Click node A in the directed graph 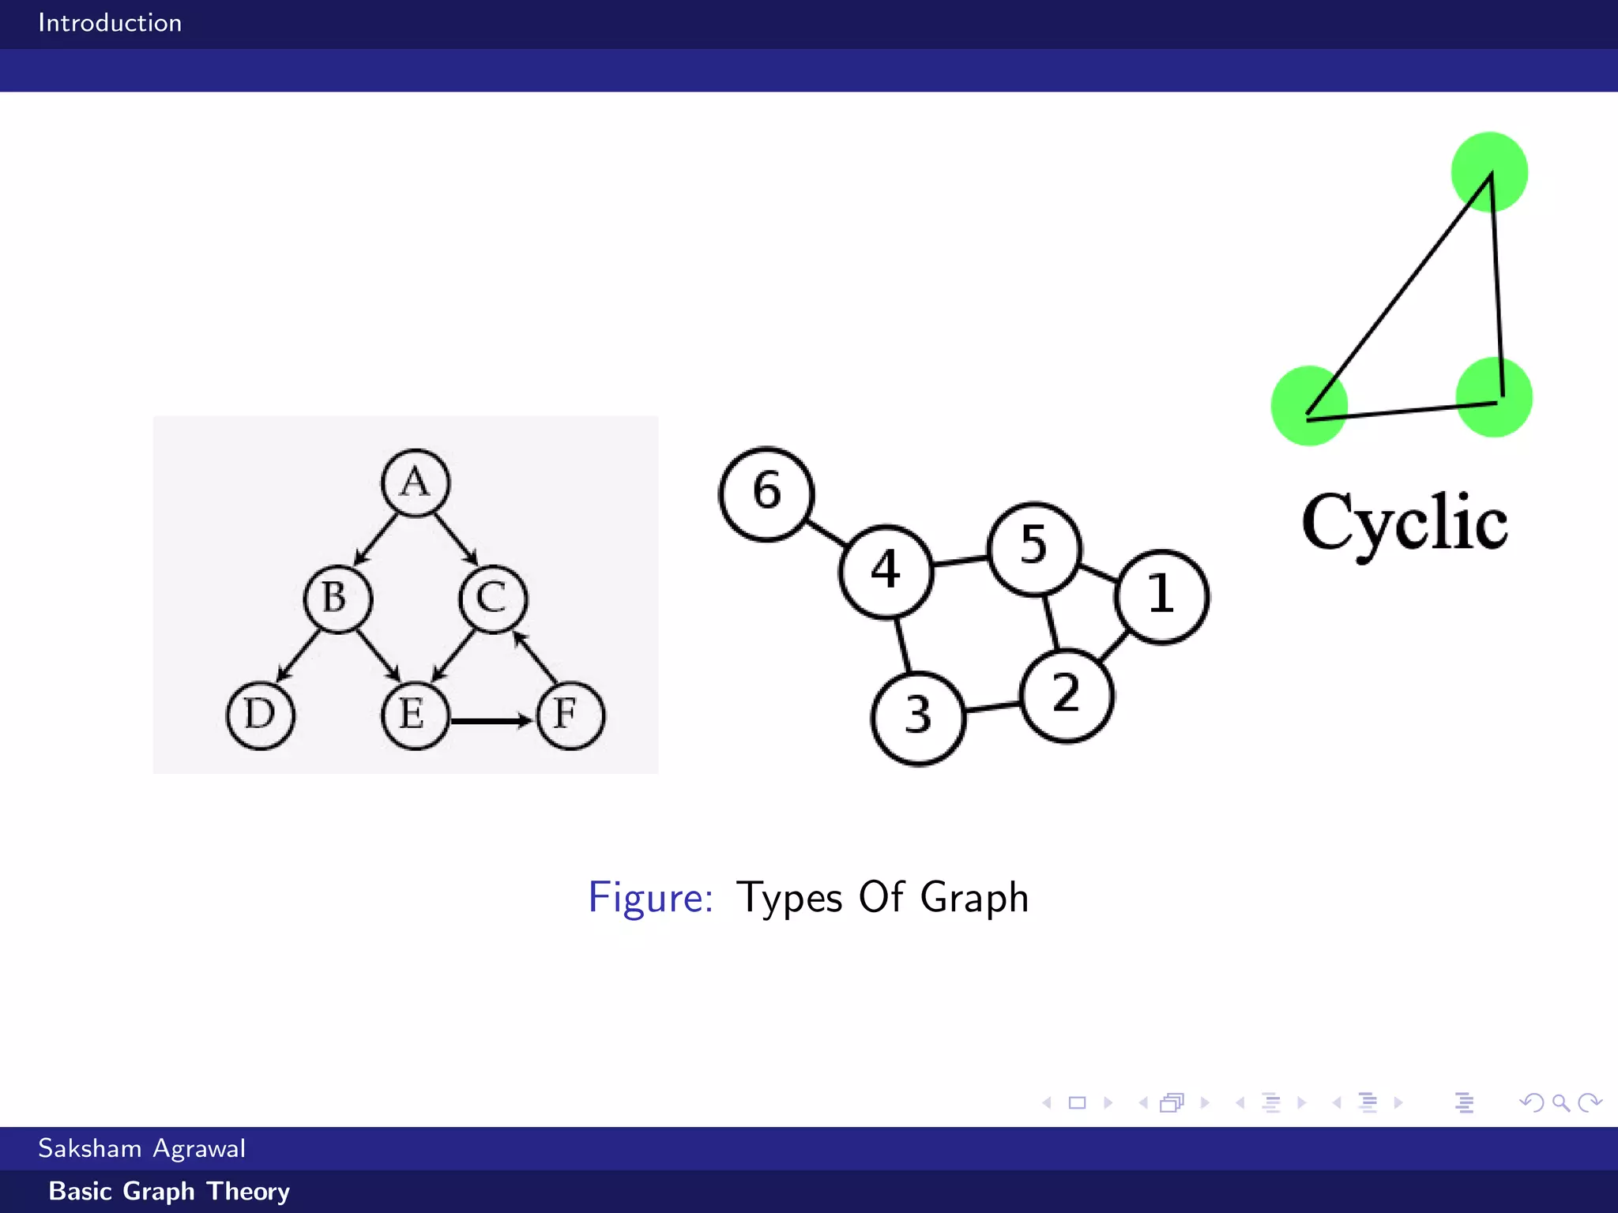pos(416,483)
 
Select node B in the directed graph pos(338,599)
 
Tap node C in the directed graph pos(493,599)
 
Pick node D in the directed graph pos(261,715)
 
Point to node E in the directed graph pos(415,715)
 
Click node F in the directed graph pos(570,715)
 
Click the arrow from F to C pos(537,657)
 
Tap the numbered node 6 pos(766,494)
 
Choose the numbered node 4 pos(886,571)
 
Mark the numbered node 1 pos(1161,596)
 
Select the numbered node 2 pos(1067,695)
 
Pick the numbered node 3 pos(918,717)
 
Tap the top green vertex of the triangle pos(1489,171)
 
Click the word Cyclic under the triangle pos(1405,523)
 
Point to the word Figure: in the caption pos(650,898)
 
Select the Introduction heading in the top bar pos(110,23)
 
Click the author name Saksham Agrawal pos(142,1148)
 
